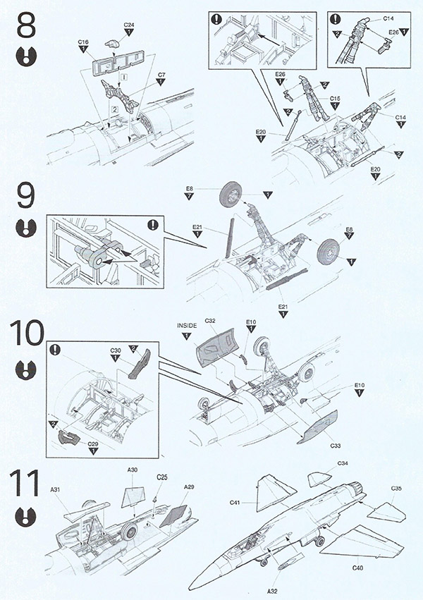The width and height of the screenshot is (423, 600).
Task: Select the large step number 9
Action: point(25,197)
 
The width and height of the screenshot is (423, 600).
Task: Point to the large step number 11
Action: point(25,485)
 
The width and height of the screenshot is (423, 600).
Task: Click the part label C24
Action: point(128,25)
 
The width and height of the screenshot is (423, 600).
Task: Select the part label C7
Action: point(161,74)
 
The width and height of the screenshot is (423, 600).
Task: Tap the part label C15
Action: point(335,98)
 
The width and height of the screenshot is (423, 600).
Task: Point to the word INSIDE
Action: point(188,325)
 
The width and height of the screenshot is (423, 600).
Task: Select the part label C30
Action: point(116,350)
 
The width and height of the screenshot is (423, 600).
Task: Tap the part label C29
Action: point(93,443)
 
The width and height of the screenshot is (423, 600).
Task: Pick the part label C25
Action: point(162,477)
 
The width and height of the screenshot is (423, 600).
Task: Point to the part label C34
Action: point(343,463)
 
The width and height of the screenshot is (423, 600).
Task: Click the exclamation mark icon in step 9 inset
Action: point(151,226)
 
